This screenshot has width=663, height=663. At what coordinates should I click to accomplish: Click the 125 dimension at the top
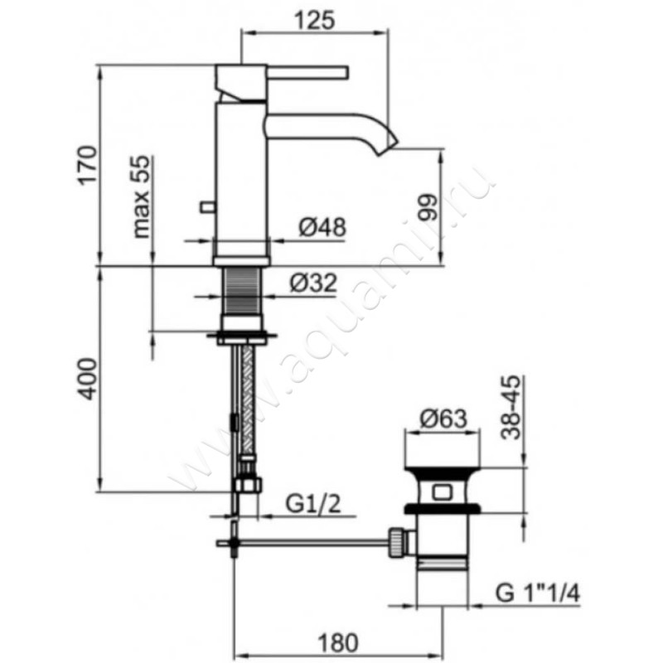pyautogui.click(x=315, y=20)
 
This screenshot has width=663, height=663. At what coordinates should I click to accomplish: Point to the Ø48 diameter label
pyautogui.click(x=322, y=227)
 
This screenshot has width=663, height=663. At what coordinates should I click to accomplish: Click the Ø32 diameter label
pyautogui.click(x=313, y=283)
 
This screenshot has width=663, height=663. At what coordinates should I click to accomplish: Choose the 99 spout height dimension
pyautogui.click(x=427, y=207)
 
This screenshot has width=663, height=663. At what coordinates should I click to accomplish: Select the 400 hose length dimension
pyautogui.click(x=88, y=379)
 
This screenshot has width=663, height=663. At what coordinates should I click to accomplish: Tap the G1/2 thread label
pyautogui.click(x=313, y=504)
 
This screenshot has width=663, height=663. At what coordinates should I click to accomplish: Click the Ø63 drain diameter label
pyautogui.click(x=443, y=419)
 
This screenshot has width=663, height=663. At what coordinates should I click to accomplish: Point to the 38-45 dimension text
pyautogui.click(x=511, y=408)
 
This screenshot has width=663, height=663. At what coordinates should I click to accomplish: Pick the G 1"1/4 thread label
pyautogui.click(x=537, y=593)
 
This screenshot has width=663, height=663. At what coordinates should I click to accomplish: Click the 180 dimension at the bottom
pyautogui.click(x=338, y=643)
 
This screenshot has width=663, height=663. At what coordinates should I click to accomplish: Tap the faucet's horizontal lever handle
pyautogui.click(x=307, y=72)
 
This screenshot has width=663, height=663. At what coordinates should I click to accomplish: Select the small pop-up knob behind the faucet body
pyautogui.click(x=208, y=207)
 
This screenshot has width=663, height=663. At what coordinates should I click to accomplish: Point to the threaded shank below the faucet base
pyautogui.click(x=241, y=293)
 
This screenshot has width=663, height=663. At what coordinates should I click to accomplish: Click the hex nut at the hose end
pyautogui.click(x=249, y=485)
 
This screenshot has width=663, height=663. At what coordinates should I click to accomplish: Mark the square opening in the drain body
pyautogui.click(x=442, y=492)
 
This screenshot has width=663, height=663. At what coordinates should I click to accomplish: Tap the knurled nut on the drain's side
pyautogui.click(x=397, y=542)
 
